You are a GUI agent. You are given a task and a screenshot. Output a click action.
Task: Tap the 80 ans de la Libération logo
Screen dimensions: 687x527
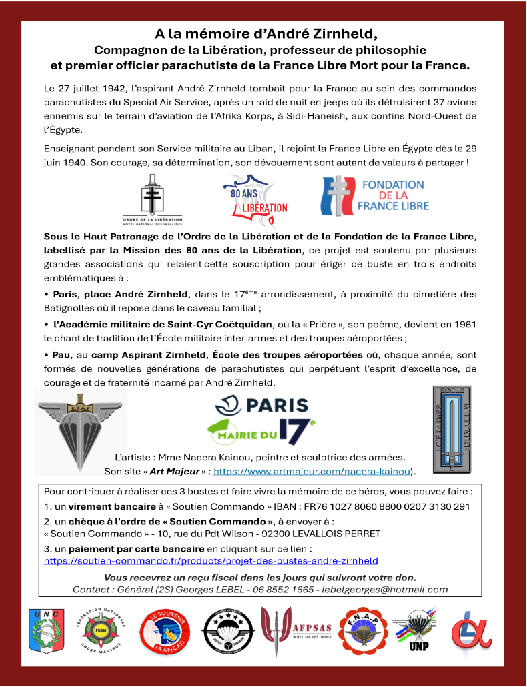(x=254, y=200)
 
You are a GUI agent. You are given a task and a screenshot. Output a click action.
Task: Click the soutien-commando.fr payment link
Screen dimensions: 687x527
(x=211, y=560)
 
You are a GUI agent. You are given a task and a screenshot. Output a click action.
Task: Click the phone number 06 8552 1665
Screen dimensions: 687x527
(x=283, y=589)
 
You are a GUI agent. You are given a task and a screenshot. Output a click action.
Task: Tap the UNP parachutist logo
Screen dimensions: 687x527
(x=415, y=631)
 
